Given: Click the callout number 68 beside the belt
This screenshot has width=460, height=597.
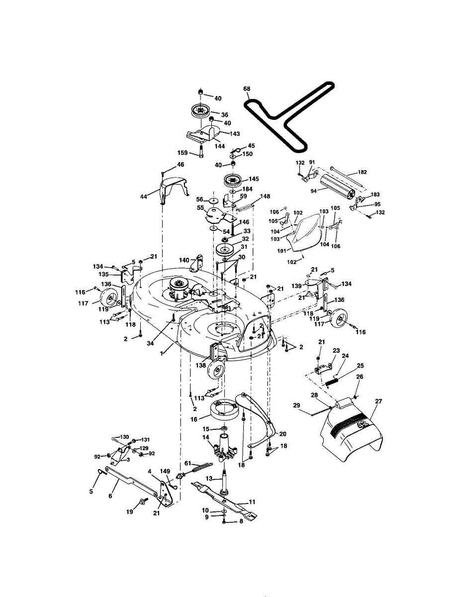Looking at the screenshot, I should pyautogui.click(x=247, y=89).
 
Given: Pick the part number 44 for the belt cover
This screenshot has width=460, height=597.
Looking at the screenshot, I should pyautogui.click(x=144, y=197).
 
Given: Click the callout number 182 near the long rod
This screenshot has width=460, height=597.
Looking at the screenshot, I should pyautogui.click(x=362, y=172).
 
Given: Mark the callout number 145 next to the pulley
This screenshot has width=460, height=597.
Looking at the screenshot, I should pyautogui.click(x=254, y=179).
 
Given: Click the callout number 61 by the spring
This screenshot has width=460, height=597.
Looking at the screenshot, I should pyautogui.click(x=188, y=463).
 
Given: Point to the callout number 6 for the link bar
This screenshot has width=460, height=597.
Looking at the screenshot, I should pyautogui.click(x=110, y=496).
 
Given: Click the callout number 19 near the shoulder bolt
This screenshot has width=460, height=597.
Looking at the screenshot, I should pyautogui.click(x=129, y=511).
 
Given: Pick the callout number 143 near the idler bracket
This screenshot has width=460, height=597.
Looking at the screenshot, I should pyautogui.click(x=235, y=133).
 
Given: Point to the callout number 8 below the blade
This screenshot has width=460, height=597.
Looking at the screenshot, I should pyautogui.click(x=241, y=521).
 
